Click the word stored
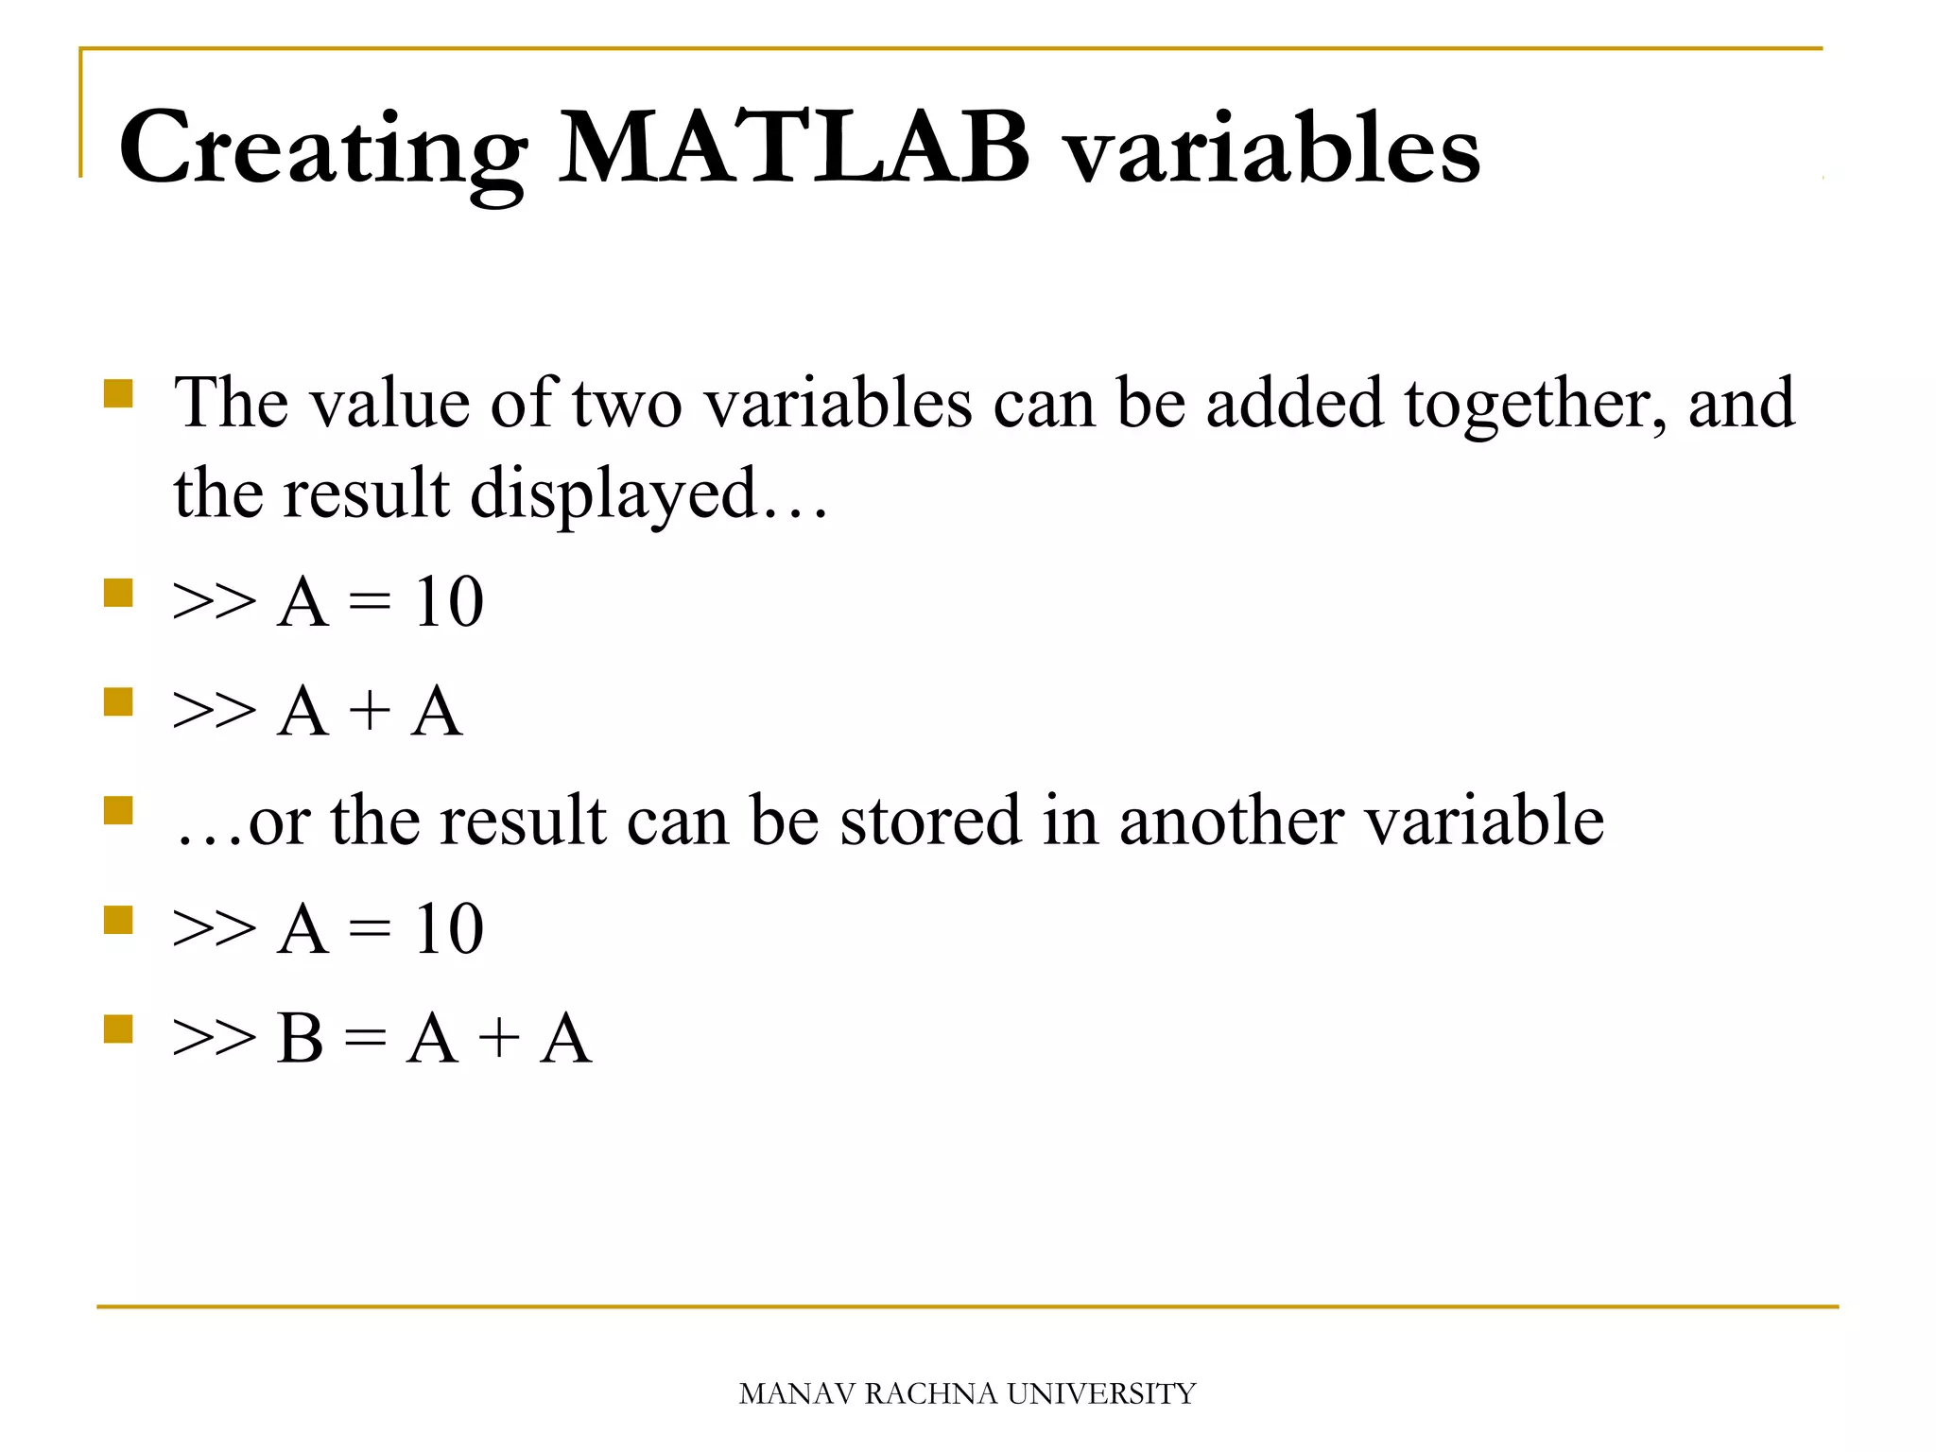(x=930, y=821)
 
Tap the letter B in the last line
(x=301, y=1039)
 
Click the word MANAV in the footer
(x=797, y=1394)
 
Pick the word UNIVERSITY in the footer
(x=1101, y=1394)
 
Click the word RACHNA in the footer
(x=930, y=1394)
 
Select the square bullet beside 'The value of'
(x=118, y=392)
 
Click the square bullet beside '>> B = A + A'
(x=118, y=1028)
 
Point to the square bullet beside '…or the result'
(x=118, y=810)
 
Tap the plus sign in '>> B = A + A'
(x=498, y=1039)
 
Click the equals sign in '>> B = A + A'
(x=365, y=1039)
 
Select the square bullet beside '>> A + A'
(x=118, y=701)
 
